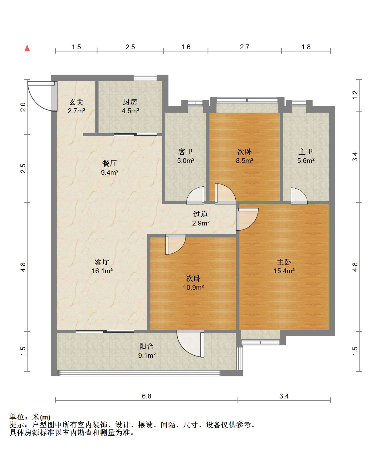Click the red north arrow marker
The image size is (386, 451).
27,48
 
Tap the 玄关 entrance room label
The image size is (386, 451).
76,102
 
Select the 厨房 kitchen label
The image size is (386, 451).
130,102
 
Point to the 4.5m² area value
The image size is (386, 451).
130,111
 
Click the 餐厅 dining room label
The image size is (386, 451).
110,163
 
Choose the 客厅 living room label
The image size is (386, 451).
102,262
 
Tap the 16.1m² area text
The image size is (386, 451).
102,271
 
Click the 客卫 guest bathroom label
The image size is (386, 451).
186,152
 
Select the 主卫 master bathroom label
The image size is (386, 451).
306,152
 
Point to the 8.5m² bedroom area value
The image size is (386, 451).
245,161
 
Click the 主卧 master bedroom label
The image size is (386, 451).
284,262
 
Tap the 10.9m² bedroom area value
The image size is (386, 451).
193,287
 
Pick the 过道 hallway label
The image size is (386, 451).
201,214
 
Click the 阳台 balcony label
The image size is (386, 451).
147,346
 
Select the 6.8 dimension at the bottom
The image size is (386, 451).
147,396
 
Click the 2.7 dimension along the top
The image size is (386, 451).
245,47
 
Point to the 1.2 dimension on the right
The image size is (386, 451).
355,95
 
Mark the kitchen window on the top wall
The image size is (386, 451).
145,78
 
